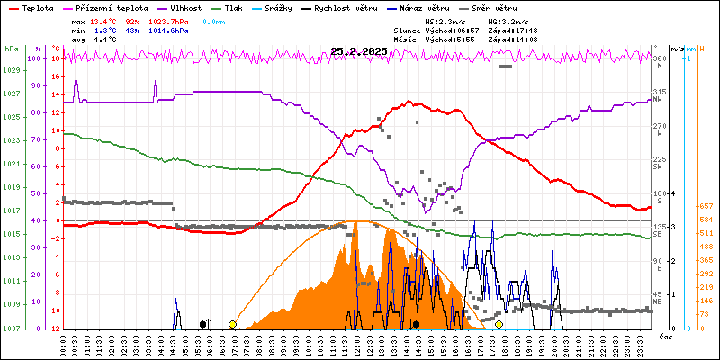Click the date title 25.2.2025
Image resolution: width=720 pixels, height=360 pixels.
click(358, 51)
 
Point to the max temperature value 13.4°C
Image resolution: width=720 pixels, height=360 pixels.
click(103, 20)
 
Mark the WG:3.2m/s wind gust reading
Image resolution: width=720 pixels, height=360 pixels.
click(507, 20)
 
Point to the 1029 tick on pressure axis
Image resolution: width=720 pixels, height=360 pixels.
click(11, 70)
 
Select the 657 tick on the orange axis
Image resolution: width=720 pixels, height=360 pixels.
click(706, 206)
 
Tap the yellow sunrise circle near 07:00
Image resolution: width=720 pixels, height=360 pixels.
click(233, 324)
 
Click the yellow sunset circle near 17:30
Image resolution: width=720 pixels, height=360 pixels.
click(499, 324)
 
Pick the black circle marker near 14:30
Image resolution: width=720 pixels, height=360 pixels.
click(416, 324)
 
